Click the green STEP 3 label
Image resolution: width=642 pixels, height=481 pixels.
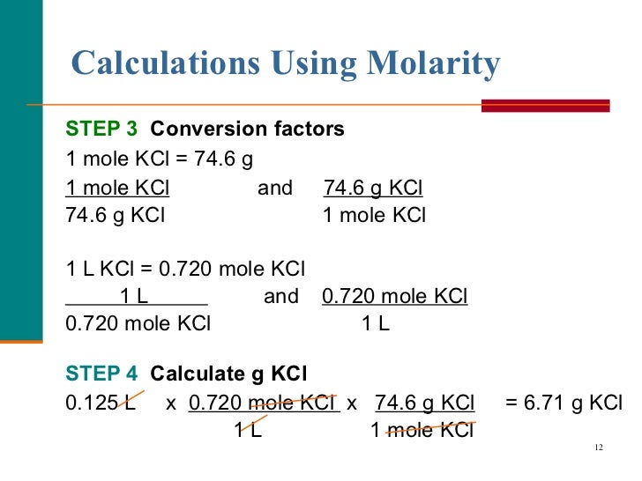pyautogui.click(x=101, y=129)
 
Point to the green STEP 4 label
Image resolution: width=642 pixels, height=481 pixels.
pyautogui.click(x=101, y=373)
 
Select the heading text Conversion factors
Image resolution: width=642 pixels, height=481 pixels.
pyautogui.click(x=247, y=129)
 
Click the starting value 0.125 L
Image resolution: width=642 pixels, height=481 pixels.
pyautogui.click(x=100, y=403)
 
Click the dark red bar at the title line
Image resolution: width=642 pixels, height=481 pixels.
pyautogui.click(x=545, y=106)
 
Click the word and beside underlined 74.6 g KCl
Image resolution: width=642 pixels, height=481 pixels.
pyautogui.click(x=274, y=189)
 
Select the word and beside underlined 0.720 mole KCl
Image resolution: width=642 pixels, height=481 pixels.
pyautogui.click(x=280, y=296)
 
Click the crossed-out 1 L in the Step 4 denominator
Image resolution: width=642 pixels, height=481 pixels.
pyautogui.click(x=247, y=431)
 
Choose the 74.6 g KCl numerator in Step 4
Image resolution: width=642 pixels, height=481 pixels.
pyautogui.click(x=424, y=403)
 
